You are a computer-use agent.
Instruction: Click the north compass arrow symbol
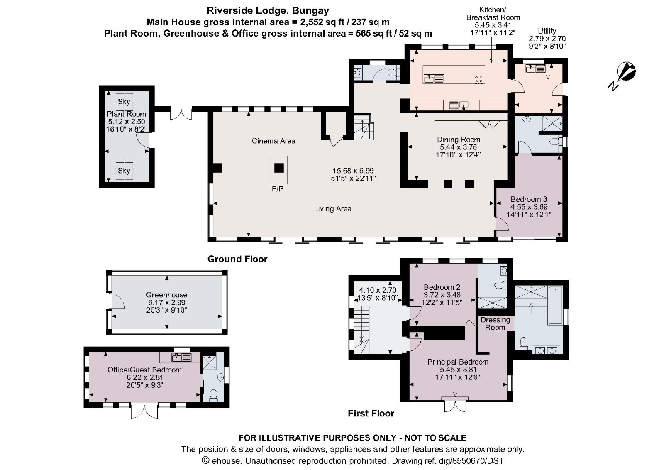(x=624, y=75)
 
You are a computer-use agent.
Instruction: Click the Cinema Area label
(x=273, y=141)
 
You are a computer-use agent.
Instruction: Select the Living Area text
(x=332, y=208)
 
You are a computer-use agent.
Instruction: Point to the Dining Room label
(x=458, y=140)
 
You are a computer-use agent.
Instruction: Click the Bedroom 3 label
(x=529, y=199)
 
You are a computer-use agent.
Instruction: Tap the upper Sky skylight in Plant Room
(x=124, y=101)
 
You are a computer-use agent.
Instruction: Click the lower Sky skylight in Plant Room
(x=124, y=170)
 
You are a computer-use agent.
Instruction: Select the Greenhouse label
(x=166, y=295)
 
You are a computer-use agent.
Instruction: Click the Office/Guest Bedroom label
(x=144, y=370)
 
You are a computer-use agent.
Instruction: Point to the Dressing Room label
(x=495, y=323)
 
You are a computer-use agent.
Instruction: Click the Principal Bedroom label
(x=458, y=362)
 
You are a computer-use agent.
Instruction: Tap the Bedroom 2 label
(x=442, y=287)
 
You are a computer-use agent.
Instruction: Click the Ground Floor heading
(x=237, y=259)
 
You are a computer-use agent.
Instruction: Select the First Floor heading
(x=371, y=413)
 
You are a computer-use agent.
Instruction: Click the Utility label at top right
(x=547, y=31)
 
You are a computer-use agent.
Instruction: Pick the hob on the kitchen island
(x=478, y=78)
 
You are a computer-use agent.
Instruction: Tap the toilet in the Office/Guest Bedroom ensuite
(x=214, y=395)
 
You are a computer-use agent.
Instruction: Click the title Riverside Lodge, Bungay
(x=268, y=11)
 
